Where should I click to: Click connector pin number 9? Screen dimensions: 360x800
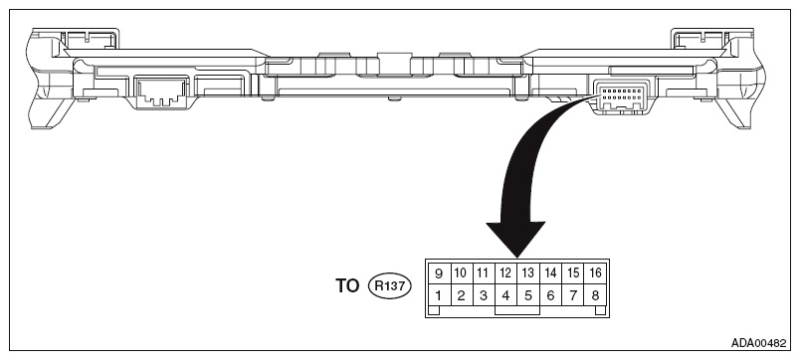[x=437, y=272]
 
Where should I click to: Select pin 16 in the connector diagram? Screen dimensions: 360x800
[x=596, y=272]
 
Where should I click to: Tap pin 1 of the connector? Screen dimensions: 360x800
[x=437, y=294]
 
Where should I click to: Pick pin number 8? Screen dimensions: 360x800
[x=596, y=294]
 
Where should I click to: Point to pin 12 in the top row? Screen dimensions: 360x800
[x=505, y=272]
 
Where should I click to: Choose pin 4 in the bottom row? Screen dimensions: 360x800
[x=505, y=294]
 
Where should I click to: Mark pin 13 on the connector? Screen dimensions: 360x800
[x=528, y=272]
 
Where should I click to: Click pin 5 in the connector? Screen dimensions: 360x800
[x=528, y=294]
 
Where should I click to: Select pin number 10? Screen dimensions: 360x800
[x=460, y=272]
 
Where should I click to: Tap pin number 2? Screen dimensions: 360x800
[x=460, y=294]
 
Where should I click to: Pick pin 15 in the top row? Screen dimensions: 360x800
[x=573, y=272]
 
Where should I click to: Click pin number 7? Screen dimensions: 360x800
[x=573, y=294]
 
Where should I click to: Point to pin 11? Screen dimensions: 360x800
[x=483, y=272]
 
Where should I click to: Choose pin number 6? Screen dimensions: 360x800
[x=551, y=294]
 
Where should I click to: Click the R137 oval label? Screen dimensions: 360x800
[x=391, y=285]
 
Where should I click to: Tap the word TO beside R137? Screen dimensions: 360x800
[x=349, y=285]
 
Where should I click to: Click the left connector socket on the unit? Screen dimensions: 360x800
[x=157, y=94]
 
